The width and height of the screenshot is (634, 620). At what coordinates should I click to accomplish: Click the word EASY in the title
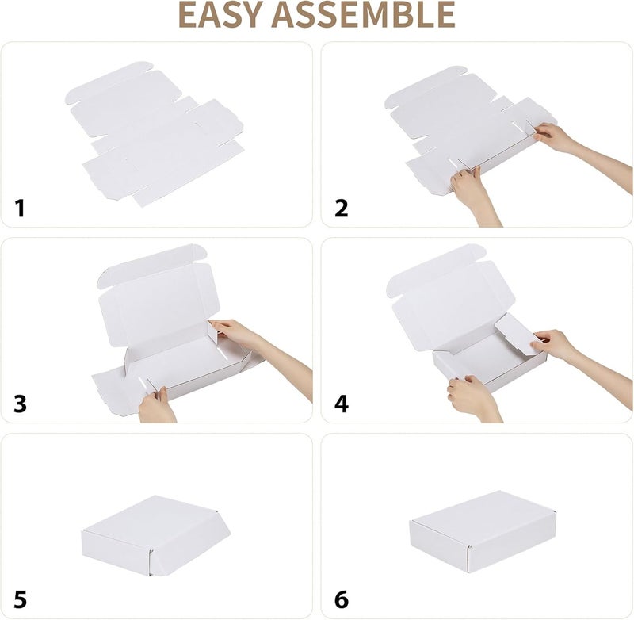(x=220, y=14)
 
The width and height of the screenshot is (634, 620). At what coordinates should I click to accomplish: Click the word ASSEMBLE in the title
(x=363, y=14)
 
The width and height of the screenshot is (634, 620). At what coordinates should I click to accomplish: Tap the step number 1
(x=19, y=209)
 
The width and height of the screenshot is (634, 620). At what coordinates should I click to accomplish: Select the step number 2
(x=342, y=209)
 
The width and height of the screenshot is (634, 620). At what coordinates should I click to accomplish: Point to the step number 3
(x=20, y=404)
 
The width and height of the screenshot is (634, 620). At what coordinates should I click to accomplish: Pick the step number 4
(x=342, y=404)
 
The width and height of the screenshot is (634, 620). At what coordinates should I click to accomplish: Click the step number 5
(x=20, y=599)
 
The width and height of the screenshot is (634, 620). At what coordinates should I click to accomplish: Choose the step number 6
(x=342, y=599)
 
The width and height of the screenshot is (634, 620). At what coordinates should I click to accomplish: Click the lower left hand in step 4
(x=473, y=398)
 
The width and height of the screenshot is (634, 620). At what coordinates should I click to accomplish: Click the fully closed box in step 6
(x=483, y=532)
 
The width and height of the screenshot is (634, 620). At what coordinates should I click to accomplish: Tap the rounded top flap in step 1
(x=109, y=81)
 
